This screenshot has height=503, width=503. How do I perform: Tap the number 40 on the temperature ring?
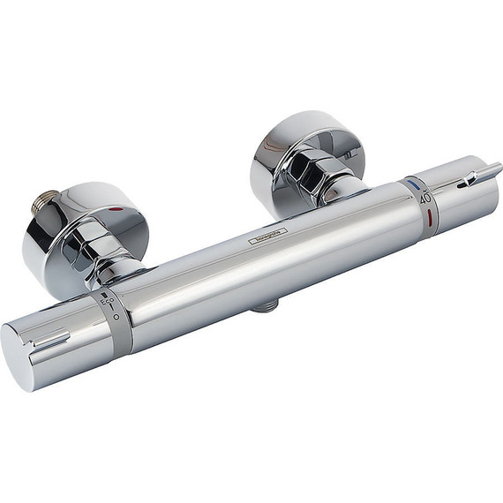click(426, 198)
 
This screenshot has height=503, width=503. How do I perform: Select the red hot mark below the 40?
click(430, 214)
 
